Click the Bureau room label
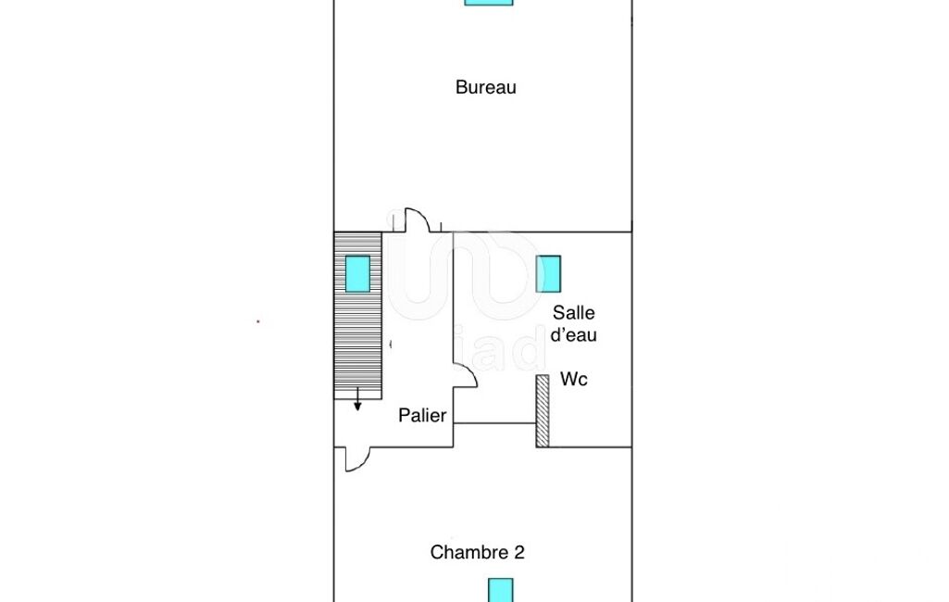tap(485, 87)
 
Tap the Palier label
tap(422, 416)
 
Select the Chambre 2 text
tap(477, 552)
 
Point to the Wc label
tap(574, 379)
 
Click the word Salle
tap(574, 312)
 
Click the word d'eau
tap(574, 335)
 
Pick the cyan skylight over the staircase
tap(357, 274)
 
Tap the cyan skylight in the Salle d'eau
tap(548, 274)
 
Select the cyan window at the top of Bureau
tap(489, 3)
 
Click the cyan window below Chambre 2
tap(501, 590)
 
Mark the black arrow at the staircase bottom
tap(357, 399)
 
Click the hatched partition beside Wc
tap(543, 410)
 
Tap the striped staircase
tap(357, 315)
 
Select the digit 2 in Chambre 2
tap(519, 552)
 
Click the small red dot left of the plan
tap(257, 321)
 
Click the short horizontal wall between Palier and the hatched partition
tap(494, 422)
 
